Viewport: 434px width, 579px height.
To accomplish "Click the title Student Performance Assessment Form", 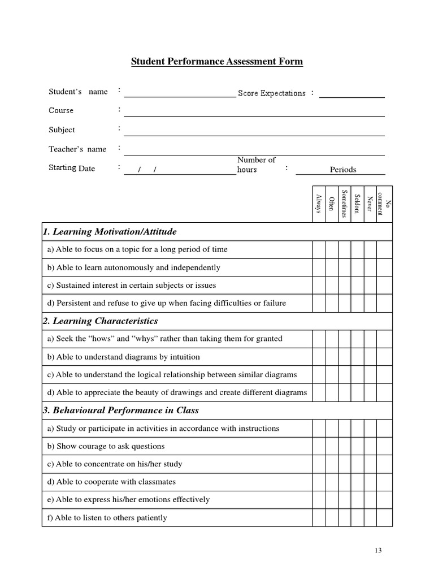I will (x=217, y=62).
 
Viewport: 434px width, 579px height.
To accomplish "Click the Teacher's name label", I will (x=77, y=149).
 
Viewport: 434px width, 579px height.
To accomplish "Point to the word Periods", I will (x=343, y=170).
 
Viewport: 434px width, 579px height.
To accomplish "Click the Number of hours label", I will (x=256, y=165).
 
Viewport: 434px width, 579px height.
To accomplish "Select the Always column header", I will (x=319, y=204).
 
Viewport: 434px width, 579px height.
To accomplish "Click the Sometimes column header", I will (x=344, y=204).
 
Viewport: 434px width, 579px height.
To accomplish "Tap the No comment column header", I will (x=384, y=204).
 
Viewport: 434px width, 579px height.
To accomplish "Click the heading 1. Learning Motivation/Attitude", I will (x=110, y=231).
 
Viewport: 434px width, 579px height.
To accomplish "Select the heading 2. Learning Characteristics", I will (x=101, y=321).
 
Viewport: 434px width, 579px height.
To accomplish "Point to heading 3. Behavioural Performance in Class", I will (x=121, y=410).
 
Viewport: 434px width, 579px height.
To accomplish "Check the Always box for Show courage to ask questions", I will (x=319, y=446).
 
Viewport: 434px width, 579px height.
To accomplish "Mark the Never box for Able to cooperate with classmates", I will (x=370, y=482).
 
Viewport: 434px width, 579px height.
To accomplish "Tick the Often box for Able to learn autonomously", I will (x=332, y=267).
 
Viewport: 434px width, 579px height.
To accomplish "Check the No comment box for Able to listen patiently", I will (x=384, y=517).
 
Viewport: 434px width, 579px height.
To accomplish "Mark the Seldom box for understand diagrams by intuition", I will (x=357, y=357).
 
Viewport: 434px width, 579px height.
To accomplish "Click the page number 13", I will (x=379, y=550).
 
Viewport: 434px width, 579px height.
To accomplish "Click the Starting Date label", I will (x=72, y=168).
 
